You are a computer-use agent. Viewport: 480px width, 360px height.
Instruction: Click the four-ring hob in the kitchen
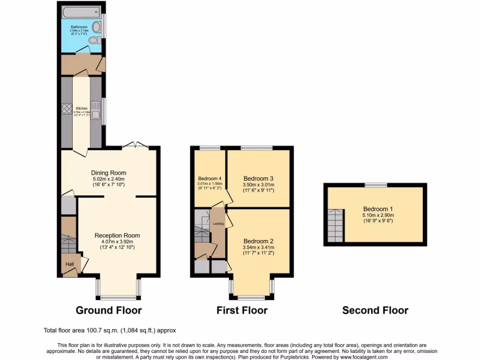pyautogui.click(x=66, y=109)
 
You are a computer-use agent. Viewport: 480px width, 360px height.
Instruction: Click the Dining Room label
pyautogui.click(x=109, y=172)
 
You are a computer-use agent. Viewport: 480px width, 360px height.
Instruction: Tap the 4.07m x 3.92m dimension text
pyautogui.click(x=117, y=241)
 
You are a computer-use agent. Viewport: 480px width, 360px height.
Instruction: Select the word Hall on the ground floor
pyautogui.click(x=69, y=264)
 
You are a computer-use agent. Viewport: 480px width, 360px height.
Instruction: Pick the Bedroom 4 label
pyautogui.click(x=209, y=179)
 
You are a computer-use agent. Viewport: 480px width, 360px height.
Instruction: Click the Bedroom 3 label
pyautogui.click(x=258, y=179)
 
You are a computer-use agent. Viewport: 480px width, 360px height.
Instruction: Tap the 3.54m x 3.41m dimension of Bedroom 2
pyautogui.click(x=258, y=247)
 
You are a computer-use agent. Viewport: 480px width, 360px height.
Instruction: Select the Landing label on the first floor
pyautogui.click(x=218, y=224)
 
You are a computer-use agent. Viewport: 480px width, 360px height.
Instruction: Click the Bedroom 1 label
pyautogui.click(x=375, y=209)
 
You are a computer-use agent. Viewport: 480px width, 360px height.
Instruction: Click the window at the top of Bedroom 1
pyautogui.click(x=376, y=185)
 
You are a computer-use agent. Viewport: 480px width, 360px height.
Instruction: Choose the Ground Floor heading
pyautogui.click(x=109, y=310)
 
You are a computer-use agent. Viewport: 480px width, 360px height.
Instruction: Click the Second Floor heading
pyautogui.click(x=375, y=310)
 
